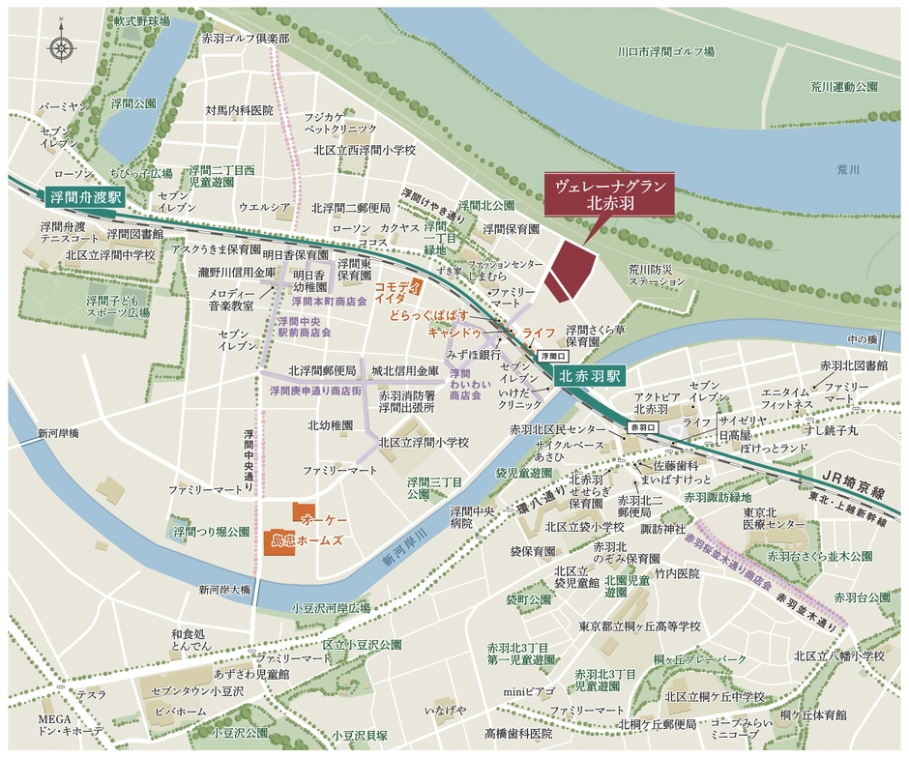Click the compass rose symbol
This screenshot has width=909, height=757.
[62, 45]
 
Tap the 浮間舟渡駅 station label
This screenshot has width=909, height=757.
[86, 196]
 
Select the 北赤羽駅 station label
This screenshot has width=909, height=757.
[592, 374]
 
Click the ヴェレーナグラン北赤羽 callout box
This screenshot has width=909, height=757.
[604, 196]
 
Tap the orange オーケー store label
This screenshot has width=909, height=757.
[325, 520]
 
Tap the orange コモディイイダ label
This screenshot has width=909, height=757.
[396, 294]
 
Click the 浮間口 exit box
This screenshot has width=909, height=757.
[548, 356]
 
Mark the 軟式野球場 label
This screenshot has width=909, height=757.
[141, 20]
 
